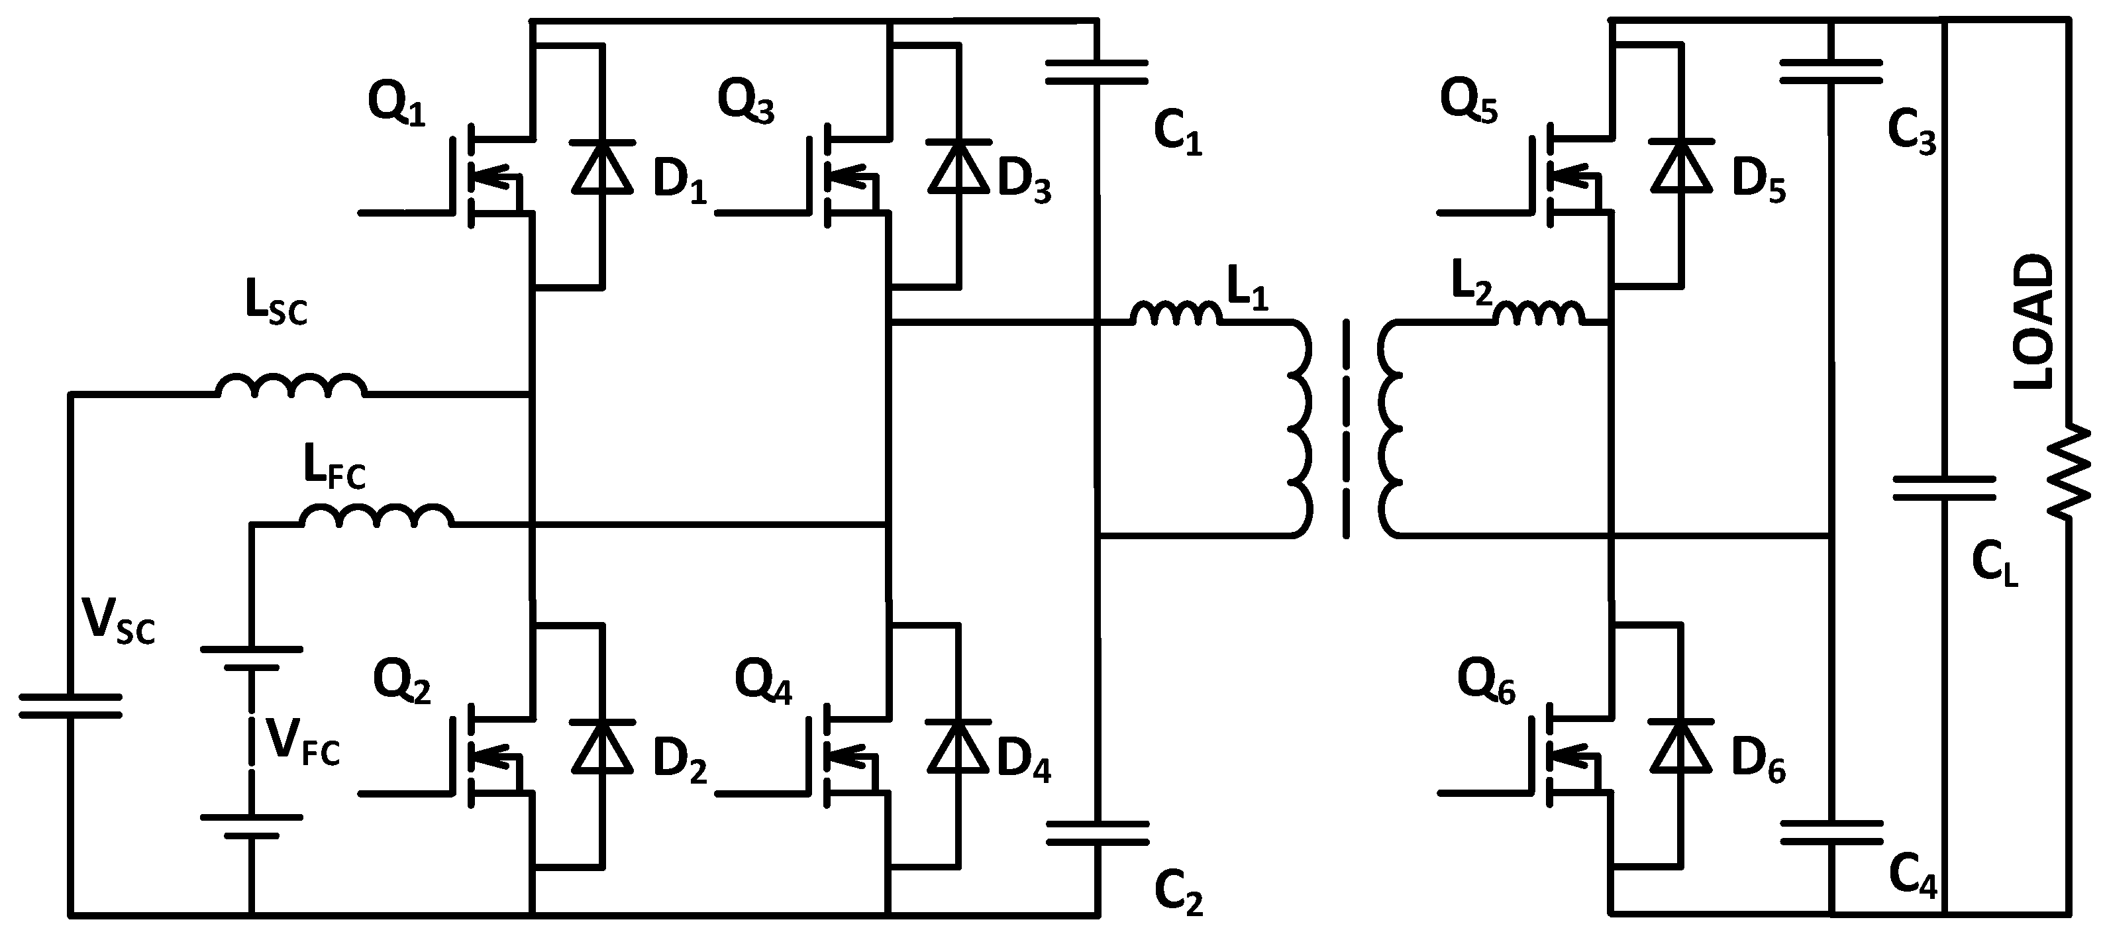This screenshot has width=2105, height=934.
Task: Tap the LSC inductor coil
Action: pyautogui.click(x=291, y=386)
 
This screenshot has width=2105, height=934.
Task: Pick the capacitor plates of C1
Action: pyautogui.click(x=1098, y=72)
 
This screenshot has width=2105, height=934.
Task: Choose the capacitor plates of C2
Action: pyautogui.click(x=1098, y=833)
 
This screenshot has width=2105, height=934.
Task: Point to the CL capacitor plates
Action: pyautogui.click(x=1945, y=490)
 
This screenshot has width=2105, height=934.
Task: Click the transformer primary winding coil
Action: pyautogui.click(x=1300, y=429)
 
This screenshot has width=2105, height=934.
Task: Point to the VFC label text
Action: pyautogui.click(x=302, y=744)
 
